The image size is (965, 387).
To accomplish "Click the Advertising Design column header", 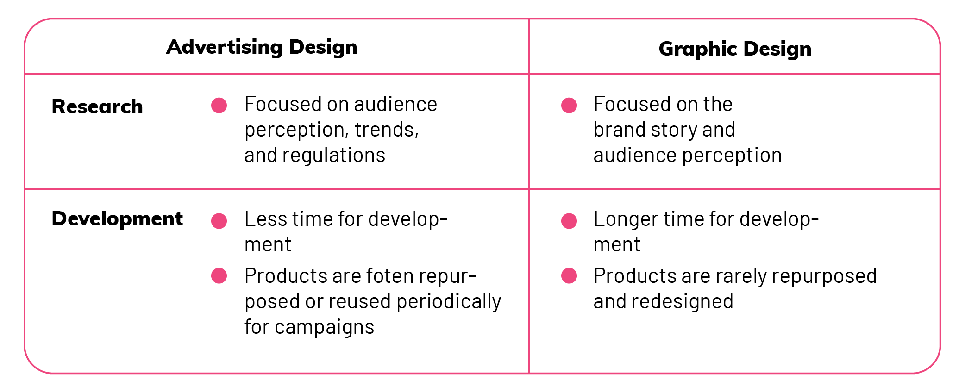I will pos(262,47).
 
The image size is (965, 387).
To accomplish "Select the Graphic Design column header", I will pos(735,49).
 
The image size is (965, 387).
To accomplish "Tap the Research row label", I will pos(97,106).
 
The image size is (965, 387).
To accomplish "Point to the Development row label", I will pos(117,218).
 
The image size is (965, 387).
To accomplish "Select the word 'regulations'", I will pos(334,155).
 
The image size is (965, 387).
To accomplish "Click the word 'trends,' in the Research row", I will pos(387,130).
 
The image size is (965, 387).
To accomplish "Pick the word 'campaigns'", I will pos(324,327).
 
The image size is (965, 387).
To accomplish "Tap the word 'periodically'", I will pos(449,302).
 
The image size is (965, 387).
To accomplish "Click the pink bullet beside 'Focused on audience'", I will pos(219,106).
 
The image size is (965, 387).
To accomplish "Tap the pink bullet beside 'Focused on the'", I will pos(569,106).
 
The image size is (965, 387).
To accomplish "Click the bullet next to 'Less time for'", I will pos(219,221).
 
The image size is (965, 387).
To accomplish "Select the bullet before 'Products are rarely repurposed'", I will pos(569,276).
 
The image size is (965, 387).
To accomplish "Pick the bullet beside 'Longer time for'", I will pos(569,221).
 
